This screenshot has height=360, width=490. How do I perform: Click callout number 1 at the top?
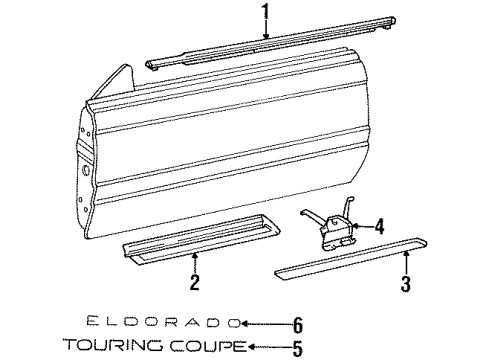[265, 14]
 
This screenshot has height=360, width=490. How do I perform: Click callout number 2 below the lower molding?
[194, 283]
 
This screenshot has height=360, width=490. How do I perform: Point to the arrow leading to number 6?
[263, 323]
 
